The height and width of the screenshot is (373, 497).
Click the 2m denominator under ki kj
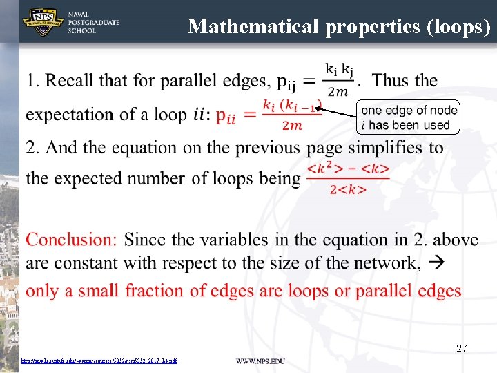(x=338, y=92)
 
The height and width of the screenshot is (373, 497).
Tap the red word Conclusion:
(x=72, y=240)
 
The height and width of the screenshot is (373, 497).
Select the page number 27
(x=461, y=349)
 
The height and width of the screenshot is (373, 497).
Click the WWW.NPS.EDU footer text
(x=260, y=361)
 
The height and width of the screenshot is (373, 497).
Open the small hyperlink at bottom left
(x=99, y=361)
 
